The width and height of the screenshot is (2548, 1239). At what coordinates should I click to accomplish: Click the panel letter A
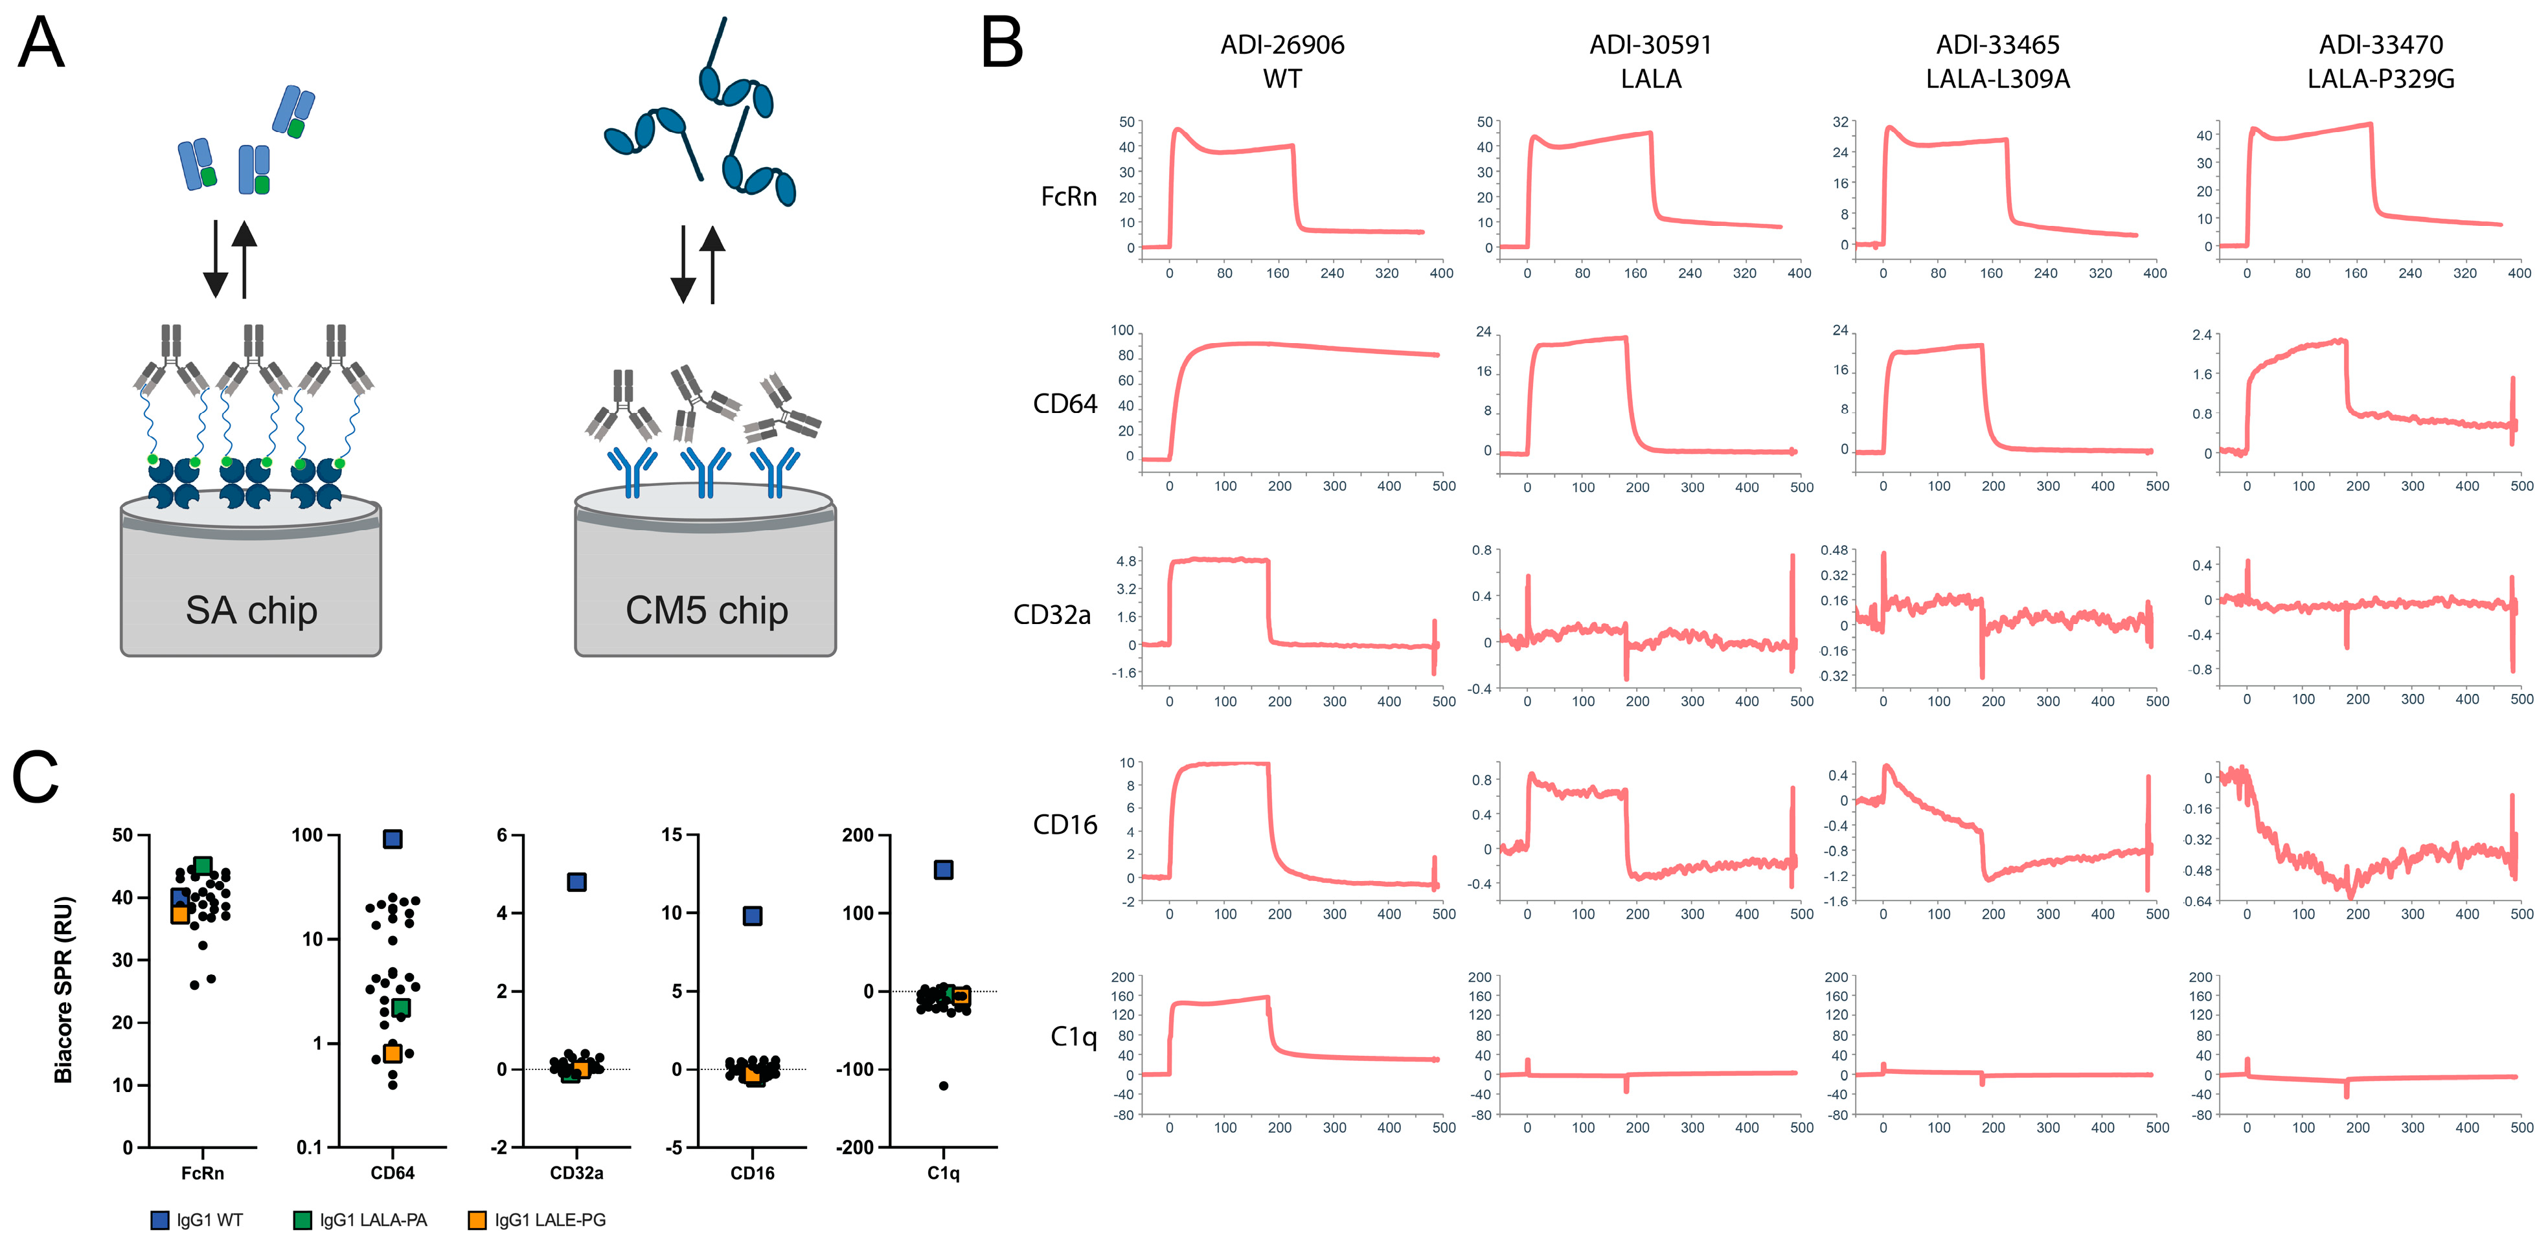(x=41, y=45)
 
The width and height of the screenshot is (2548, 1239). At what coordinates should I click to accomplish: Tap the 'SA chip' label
(x=251, y=610)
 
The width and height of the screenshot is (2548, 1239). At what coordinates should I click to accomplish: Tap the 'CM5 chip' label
(x=706, y=610)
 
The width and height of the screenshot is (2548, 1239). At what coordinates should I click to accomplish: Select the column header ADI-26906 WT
(x=1282, y=61)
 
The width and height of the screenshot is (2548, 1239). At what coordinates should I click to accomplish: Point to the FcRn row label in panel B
(x=1068, y=197)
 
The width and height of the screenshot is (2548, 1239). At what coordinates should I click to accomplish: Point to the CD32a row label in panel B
(x=1051, y=615)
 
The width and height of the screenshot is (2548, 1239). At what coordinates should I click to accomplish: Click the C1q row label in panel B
(x=1073, y=1036)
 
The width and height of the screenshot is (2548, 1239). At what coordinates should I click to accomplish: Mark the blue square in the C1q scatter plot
(x=944, y=869)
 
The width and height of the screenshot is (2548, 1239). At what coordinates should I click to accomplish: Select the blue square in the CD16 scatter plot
(x=753, y=915)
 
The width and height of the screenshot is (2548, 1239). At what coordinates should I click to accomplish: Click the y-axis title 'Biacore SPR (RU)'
(x=63, y=989)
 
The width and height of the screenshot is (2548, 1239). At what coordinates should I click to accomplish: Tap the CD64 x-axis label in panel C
(x=392, y=1173)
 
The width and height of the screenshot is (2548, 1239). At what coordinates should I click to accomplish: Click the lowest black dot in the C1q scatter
(x=944, y=1086)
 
